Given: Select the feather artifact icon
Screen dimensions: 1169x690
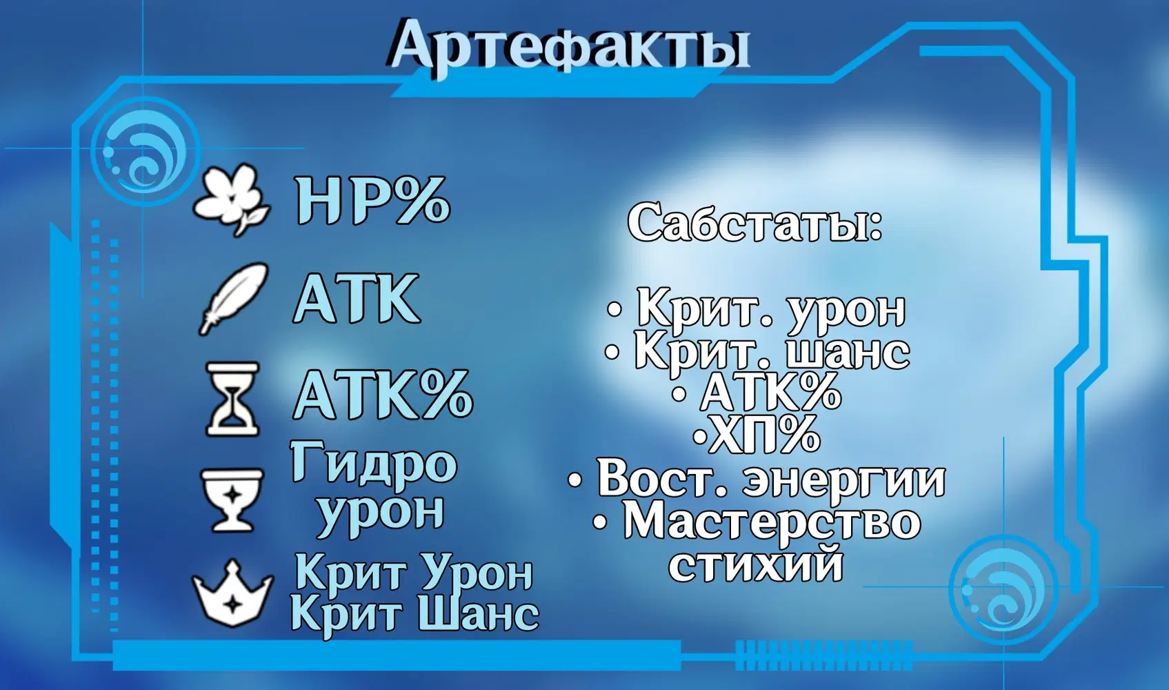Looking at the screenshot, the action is (233, 298).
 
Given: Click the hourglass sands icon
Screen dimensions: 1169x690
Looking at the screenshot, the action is (233, 400).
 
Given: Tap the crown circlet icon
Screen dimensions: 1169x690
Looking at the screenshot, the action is (232, 595).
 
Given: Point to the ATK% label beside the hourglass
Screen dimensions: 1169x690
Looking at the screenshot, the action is (383, 393).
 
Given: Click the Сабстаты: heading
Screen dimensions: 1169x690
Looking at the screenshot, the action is (755, 222).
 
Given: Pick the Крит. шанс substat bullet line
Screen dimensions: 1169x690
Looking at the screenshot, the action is (757, 353).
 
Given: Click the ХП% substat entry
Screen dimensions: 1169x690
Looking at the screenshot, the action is (756, 434).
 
